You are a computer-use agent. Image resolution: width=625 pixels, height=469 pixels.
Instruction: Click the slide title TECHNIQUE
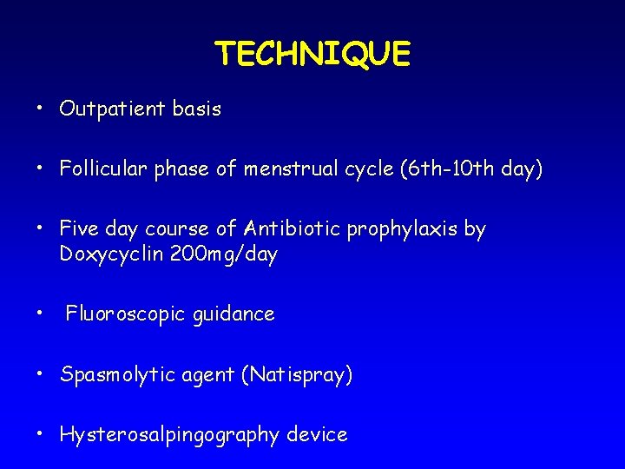tap(312, 54)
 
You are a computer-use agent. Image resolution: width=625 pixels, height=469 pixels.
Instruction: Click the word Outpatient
tap(110, 110)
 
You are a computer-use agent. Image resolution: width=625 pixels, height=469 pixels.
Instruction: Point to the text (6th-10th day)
tap(470, 169)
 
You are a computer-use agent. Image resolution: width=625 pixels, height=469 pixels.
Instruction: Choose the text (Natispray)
tap(296, 376)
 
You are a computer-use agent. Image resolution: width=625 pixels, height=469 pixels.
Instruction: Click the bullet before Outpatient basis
tap(40, 110)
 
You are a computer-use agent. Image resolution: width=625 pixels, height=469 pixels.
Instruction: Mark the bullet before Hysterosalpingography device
tap(40, 434)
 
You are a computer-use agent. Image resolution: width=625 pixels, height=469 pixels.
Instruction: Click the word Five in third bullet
tap(79, 229)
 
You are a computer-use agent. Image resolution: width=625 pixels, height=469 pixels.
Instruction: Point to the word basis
tap(195, 110)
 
